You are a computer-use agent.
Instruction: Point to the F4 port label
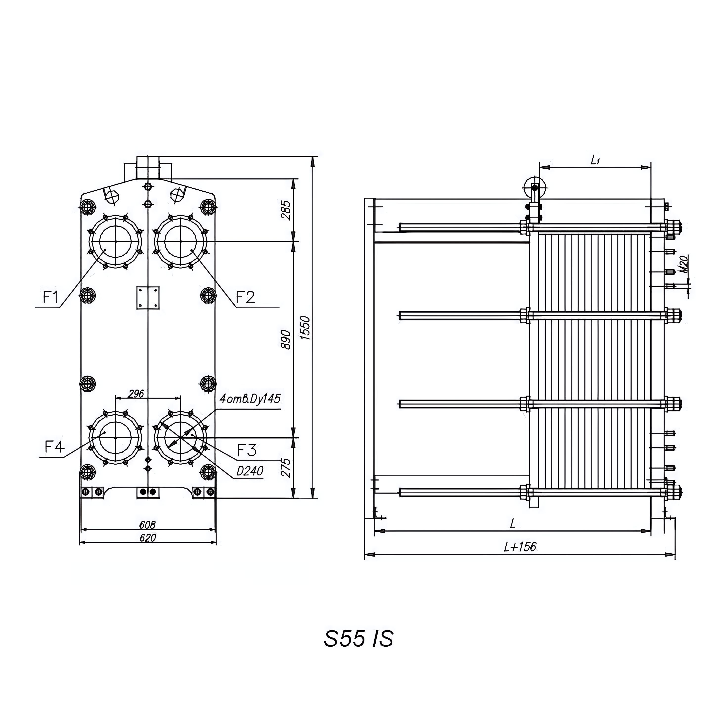click(55, 447)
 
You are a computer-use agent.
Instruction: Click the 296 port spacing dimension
click(136, 394)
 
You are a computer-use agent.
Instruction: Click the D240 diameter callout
click(250, 471)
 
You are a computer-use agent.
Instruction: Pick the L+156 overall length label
click(520, 547)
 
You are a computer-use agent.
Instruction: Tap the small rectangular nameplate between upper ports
click(148, 297)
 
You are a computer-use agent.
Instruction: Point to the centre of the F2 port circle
click(181, 242)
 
